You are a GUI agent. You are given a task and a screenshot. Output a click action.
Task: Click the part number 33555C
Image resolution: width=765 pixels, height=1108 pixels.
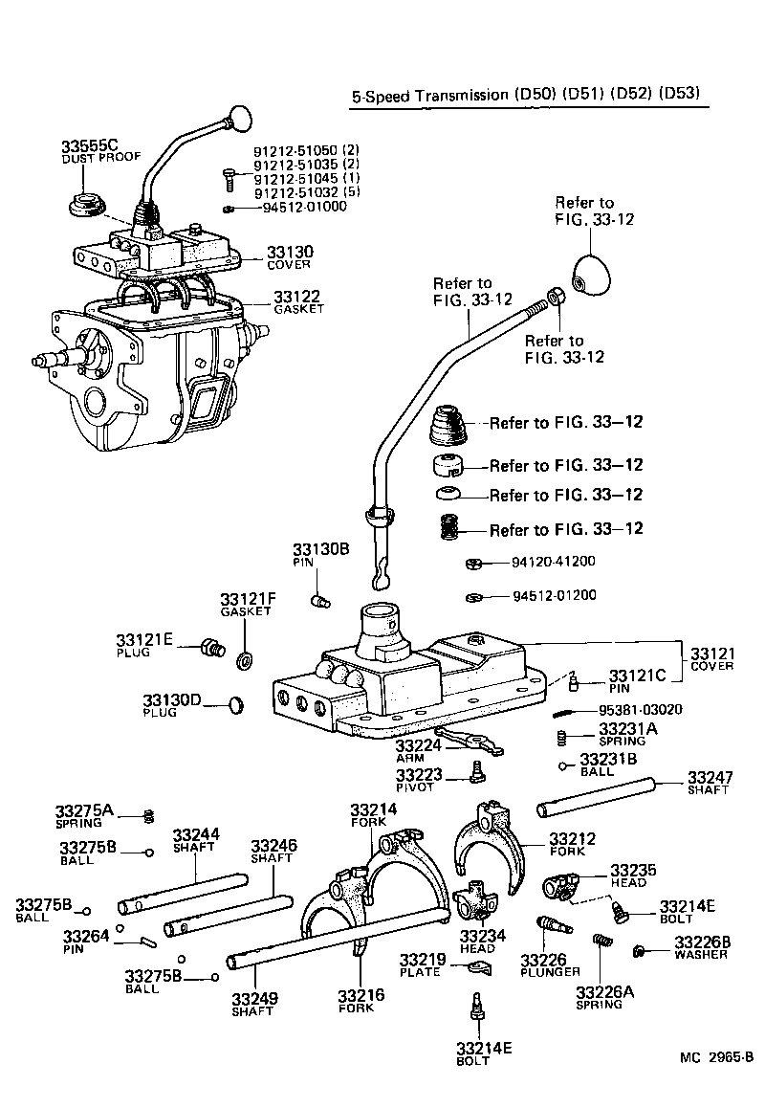tap(89, 146)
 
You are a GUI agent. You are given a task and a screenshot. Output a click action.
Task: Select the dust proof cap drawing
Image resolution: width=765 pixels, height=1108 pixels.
tap(85, 206)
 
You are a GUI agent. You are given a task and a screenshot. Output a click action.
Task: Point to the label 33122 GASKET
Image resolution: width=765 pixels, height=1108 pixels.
tap(297, 302)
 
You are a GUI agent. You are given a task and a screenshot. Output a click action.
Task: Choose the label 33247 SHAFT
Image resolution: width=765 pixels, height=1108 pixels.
tap(710, 782)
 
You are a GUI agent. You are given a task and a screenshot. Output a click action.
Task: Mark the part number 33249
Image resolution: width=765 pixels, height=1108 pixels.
tap(254, 1000)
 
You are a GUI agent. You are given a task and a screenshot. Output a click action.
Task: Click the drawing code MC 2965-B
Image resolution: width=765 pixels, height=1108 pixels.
tap(716, 1057)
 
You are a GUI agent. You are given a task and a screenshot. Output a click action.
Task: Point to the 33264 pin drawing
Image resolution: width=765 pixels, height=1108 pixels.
tap(147, 942)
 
